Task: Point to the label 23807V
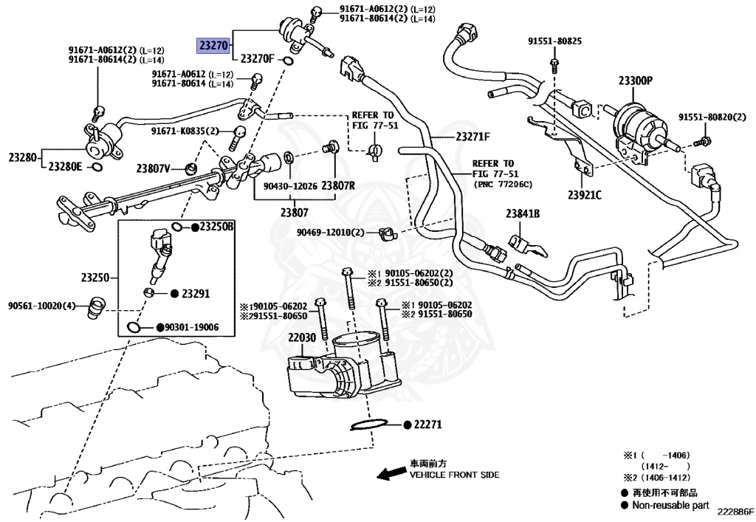coord(153,168)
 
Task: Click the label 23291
coord(196,294)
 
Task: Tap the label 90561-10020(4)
coord(42,305)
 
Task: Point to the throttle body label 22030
coord(302,337)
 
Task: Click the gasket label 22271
coord(427,425)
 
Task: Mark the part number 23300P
coord(635,80)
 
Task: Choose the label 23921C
coord(585,195)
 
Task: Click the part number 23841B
coord(523,214)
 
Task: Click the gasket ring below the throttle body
coord(366,426)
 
